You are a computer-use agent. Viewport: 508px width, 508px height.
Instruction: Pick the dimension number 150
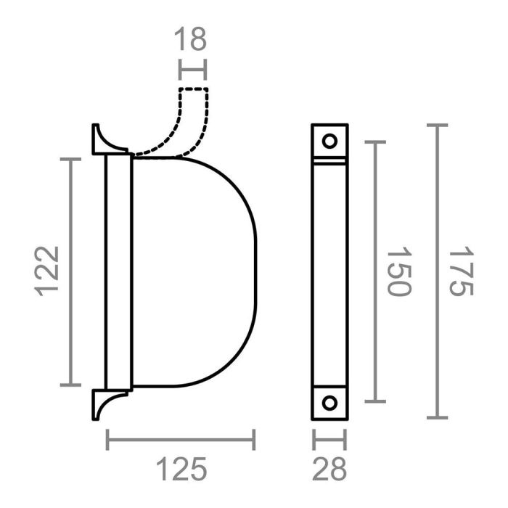click(x=398, y=271)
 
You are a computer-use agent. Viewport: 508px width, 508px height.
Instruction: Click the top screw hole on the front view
click(x=330, y=141)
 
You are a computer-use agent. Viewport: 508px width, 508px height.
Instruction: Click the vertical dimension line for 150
click(x=374, y=271)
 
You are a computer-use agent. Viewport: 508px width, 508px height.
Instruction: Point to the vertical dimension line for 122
click(x=70, y=271)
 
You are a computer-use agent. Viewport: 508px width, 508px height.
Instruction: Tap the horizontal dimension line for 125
click(x=181, y=439)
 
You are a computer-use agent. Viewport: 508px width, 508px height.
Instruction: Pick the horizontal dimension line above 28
click(x=329, y=439)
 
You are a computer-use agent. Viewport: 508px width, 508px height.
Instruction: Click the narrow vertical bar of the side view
click(x=118, y=271)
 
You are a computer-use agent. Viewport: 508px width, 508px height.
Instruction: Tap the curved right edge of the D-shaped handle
click(x=255, y=271)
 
